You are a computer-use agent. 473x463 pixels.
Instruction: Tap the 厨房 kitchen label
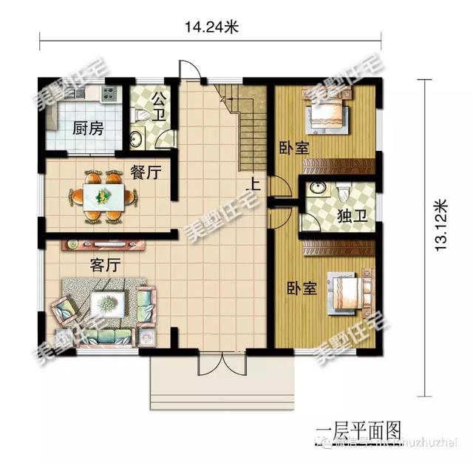click(x=87, y=127)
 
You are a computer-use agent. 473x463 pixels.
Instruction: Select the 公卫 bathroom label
click(x=159, y=107)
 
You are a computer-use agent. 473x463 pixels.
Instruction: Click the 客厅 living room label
click(x=106, y=264)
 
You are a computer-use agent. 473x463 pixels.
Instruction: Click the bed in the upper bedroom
click(x=325, y=113)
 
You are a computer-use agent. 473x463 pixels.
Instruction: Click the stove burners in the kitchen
click(x=109, y=94)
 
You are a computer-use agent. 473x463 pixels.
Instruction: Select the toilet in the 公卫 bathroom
click(x=143, y=116)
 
